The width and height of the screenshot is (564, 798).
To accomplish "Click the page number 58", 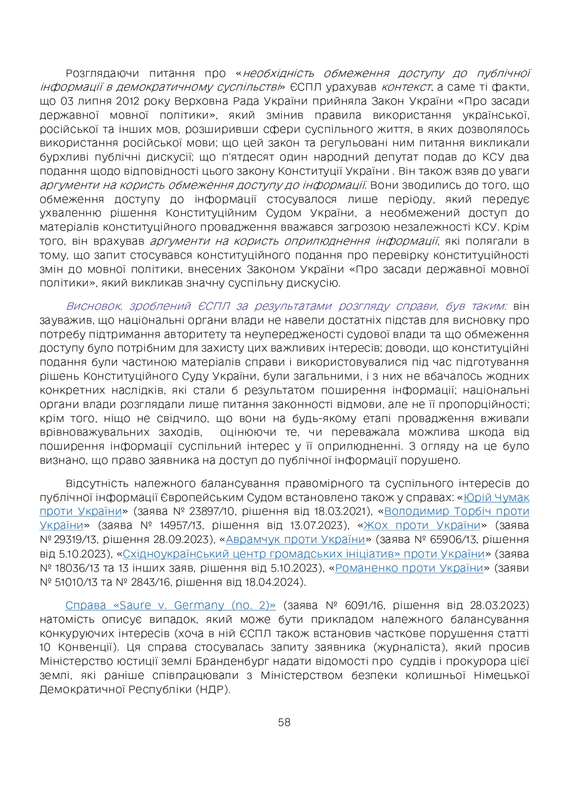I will [x=284, y=722].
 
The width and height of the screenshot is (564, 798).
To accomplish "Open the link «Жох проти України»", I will [x=422, y=525].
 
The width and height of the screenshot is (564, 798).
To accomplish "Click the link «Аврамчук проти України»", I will [x=295, y=539].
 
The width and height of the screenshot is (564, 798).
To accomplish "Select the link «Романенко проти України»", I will [x=409, y=568].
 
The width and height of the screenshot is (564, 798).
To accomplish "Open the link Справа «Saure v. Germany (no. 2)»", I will [x=170, y=605].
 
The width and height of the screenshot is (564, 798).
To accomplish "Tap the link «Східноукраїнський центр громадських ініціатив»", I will [x=303, y=554].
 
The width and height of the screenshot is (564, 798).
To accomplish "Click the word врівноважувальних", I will [x=95, y=432].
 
